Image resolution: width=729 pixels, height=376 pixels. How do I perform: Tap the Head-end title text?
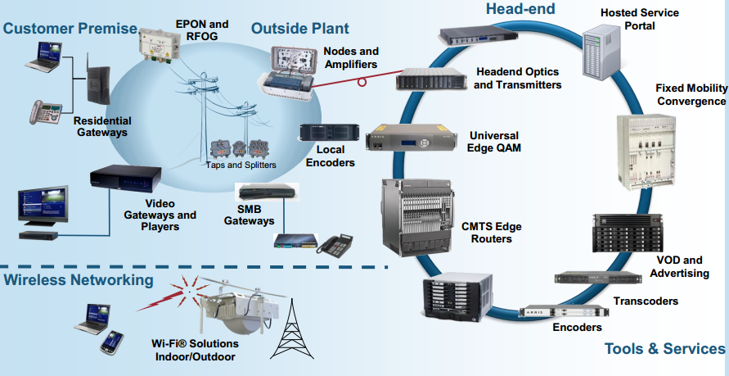coord(520,9)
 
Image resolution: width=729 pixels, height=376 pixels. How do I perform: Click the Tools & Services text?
coord(664,349)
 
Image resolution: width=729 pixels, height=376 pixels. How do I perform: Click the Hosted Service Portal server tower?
coord(603,49)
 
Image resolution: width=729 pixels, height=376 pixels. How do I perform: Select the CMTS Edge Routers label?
coord(491,233)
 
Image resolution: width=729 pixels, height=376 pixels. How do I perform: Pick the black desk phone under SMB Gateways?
coord(337,246)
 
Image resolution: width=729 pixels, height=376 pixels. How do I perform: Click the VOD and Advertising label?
coord(680,266)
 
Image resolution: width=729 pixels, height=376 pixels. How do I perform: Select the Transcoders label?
coord(646,301)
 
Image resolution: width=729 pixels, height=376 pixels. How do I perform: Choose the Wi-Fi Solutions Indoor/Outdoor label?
coord(194,351)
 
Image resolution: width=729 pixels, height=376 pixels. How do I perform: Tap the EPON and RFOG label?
coord(202,29)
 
